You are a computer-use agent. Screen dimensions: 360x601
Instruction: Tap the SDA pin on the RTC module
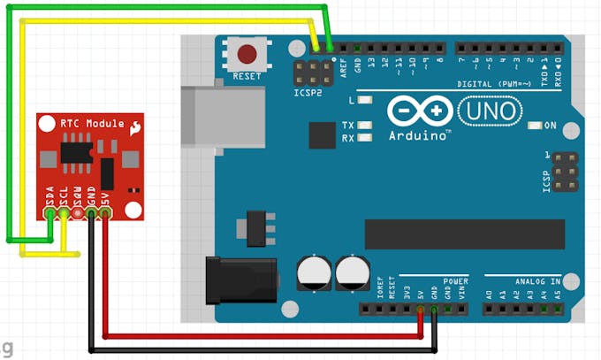coord(50,212)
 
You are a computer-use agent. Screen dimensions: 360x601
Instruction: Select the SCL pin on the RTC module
coord(64,212)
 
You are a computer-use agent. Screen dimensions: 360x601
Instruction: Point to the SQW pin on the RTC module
coord(78,212)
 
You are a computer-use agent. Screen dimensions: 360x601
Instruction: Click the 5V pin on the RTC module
coord(105,212)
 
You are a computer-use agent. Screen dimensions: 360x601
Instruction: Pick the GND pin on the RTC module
coord(91,212)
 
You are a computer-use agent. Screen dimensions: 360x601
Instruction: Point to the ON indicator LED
coord(533,126)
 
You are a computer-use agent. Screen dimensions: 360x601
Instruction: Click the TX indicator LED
coord(364,126)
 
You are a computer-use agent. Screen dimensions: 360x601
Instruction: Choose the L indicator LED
coord(364,101)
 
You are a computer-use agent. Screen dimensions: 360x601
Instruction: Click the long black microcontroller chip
coord(464,234)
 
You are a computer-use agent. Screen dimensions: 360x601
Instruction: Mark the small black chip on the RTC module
coord(74,153)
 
